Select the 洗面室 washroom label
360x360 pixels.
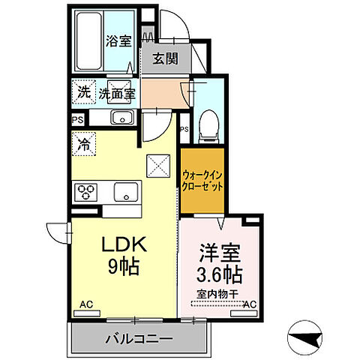116,94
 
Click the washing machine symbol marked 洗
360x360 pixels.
82,93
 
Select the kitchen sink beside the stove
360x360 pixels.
125,192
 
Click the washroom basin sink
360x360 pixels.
121,117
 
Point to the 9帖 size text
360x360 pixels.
120,266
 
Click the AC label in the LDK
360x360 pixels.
86,304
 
